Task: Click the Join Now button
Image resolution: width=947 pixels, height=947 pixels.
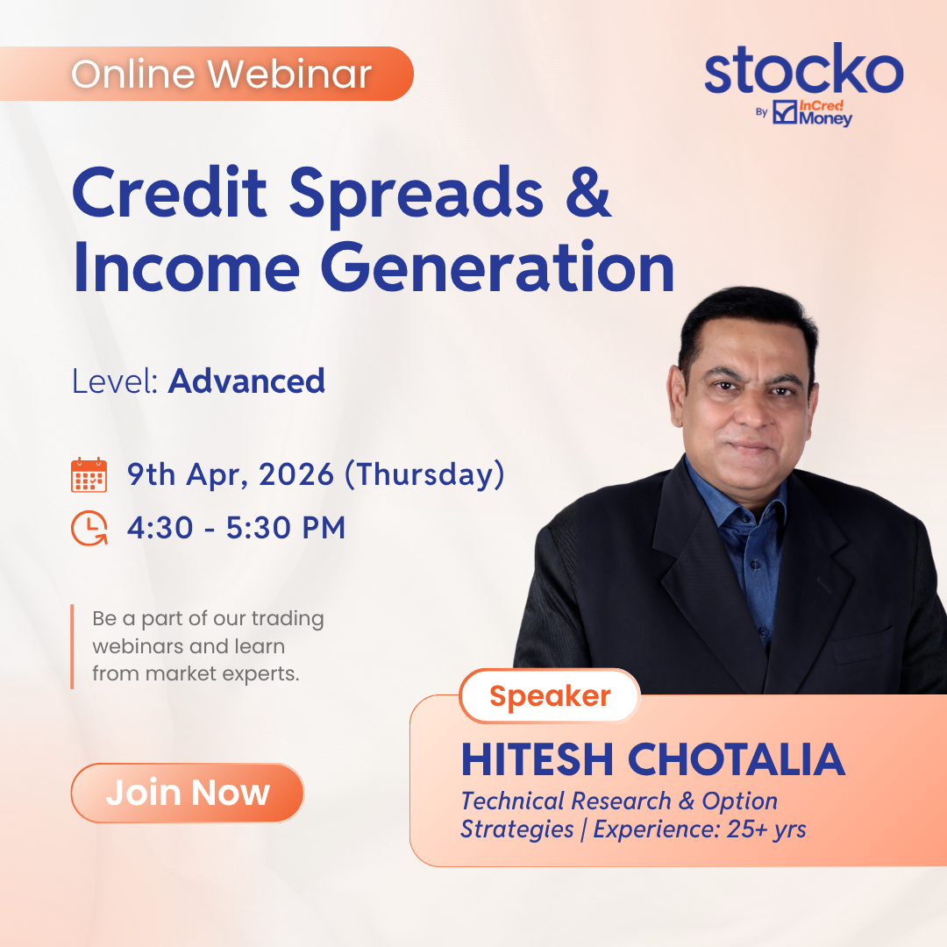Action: [x=188, y=793]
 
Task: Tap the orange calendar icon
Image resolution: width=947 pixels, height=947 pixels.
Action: [x=89, y=475]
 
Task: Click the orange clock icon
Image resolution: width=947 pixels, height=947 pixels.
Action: [x=89, y=528]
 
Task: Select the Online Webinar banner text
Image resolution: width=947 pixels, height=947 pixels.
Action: [x=221, y=75]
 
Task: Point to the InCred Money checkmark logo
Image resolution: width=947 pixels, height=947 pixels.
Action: [x=785, y=112]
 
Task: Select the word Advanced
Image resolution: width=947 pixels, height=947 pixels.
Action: [x=246, y=381]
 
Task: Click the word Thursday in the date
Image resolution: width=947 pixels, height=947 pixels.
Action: [x=424, y=474]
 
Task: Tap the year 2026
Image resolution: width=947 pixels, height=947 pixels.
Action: [x=296, y=474]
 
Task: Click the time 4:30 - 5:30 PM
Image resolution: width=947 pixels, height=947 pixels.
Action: [x=236, y=528]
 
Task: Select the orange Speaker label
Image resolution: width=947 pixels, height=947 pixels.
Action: [x=550, y=695]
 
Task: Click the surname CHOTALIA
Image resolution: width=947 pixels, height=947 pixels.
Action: [x=737, y=759]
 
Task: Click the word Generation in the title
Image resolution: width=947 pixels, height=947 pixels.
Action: [x=497, y=267]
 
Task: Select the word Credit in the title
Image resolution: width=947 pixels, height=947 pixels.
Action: [x=170, y=192]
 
